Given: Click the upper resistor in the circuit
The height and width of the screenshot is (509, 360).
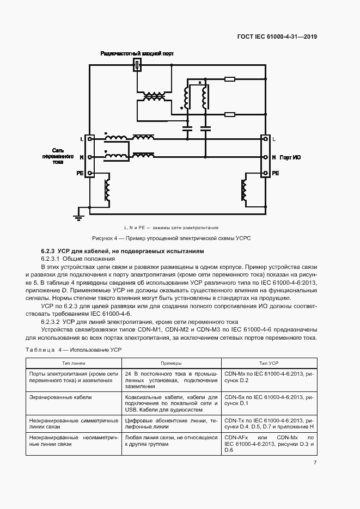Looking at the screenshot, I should point(229,79).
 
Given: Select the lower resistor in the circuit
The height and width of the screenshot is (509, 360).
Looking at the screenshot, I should point(229,114).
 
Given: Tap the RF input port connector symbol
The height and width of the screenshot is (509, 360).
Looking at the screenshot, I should point(138,66).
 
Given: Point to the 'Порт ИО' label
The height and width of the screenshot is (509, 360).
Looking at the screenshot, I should point(290,157).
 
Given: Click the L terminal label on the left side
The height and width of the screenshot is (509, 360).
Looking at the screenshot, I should point(82,140).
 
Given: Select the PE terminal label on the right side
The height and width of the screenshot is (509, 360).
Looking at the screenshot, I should point(276,173).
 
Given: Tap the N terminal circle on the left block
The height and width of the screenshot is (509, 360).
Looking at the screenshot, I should point(90,157).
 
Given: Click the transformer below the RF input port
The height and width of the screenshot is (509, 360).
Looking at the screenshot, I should point(154,96).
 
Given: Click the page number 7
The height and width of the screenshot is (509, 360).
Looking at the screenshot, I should point(315,463).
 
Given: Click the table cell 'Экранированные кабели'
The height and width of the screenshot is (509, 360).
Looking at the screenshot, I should point(61,397).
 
